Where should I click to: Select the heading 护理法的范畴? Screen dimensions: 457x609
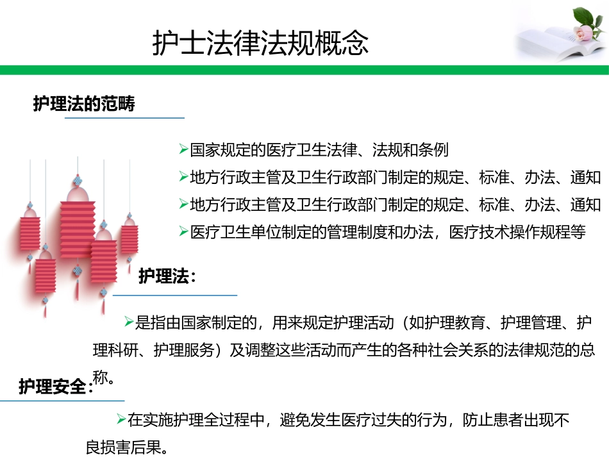(x=84, y=104)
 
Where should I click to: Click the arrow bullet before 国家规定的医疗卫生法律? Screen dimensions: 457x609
(x=183, y=150)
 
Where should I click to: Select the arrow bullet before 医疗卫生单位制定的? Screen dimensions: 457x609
(x=183, y=232)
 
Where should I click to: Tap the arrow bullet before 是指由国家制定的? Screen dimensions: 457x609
(x=129, y=321)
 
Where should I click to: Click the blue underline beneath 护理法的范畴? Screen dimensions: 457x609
(x=125, y=118)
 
